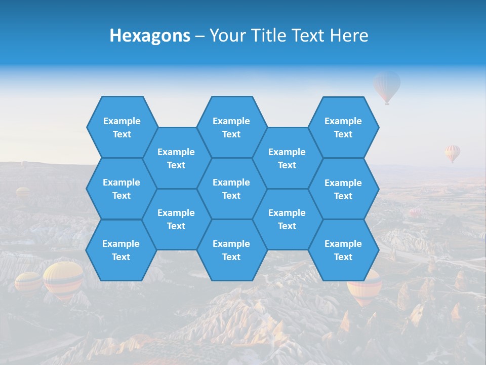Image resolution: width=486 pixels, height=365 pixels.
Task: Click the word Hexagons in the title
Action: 150,35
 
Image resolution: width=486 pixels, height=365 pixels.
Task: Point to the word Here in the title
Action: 349,35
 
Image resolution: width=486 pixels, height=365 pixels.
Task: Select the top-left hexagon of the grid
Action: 122,127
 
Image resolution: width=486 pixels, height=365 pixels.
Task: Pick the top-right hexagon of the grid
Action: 343,127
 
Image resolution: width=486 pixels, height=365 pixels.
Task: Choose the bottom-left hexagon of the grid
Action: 121,250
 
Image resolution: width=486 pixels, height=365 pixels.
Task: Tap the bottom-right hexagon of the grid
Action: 343,250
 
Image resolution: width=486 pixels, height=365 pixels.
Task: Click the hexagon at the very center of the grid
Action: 231,189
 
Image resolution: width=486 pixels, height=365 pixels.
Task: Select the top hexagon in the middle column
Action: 231,127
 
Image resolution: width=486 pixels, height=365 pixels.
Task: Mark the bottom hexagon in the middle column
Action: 231,250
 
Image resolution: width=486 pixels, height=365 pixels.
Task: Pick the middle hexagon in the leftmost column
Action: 121,189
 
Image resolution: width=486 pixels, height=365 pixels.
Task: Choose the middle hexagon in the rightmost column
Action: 343,189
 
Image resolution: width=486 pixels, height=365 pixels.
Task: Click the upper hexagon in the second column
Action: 176,158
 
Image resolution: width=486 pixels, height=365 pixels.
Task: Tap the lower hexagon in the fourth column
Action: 287,219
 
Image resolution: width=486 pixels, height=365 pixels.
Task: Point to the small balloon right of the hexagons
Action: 453,153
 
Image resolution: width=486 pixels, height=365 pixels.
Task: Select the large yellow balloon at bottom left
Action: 63,278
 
